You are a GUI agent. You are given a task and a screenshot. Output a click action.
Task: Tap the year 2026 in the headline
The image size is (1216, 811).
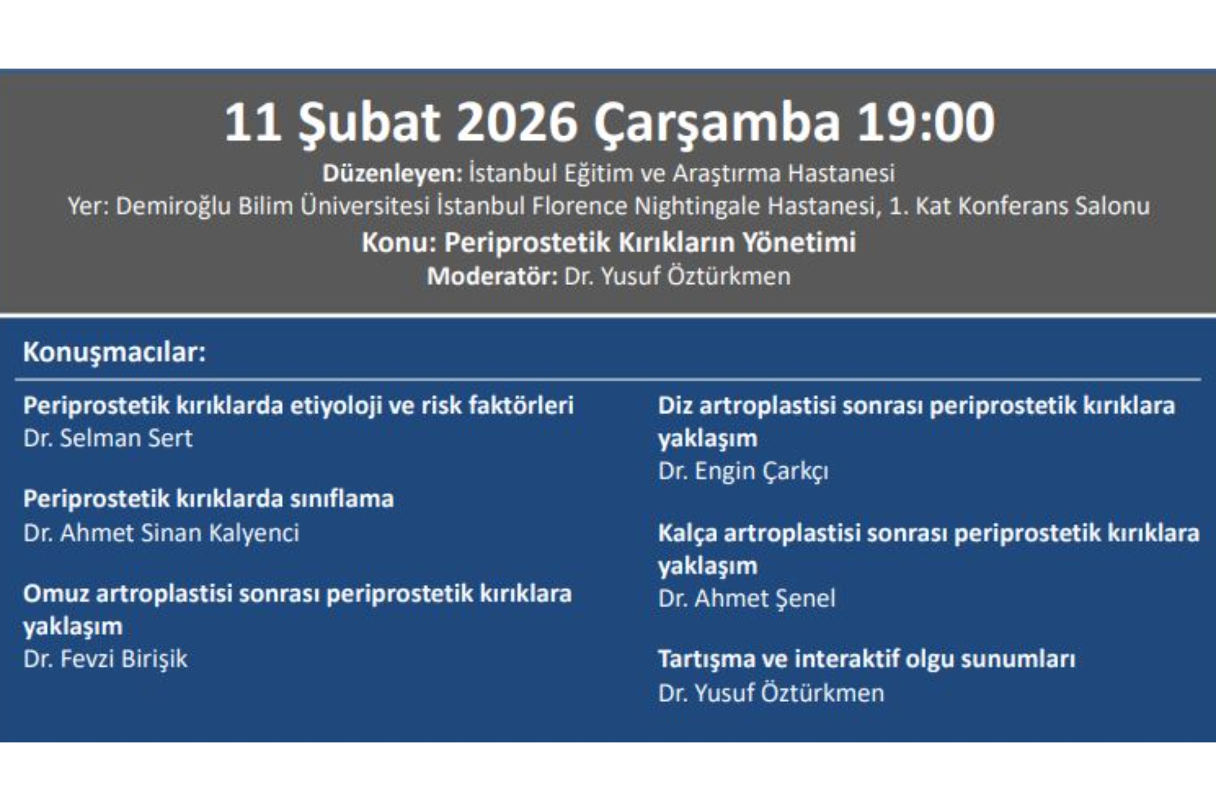[x=516, y=122]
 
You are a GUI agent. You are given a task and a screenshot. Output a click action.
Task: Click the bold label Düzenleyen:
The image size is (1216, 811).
[x=393, y=174]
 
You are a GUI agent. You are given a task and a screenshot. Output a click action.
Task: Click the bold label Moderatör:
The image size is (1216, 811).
[x=492, y=276]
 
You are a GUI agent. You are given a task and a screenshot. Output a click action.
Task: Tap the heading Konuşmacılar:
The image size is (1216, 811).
[x=115, y=352]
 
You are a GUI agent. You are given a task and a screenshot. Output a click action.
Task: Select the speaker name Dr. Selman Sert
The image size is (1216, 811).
[x=108, y=438]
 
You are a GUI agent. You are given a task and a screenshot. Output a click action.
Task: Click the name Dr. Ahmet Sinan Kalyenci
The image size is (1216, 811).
[x=161, y=533]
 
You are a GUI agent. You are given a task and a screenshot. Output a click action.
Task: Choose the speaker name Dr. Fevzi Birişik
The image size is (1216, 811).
[x=105, y=659]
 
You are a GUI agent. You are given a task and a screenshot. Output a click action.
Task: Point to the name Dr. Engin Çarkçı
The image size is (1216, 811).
[x=743, y=471]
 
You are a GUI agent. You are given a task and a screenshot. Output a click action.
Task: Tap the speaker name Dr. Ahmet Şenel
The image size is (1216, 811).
[x=747, y=599]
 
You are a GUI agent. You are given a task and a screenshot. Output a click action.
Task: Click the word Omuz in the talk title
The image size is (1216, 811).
[x=55, y=594]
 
